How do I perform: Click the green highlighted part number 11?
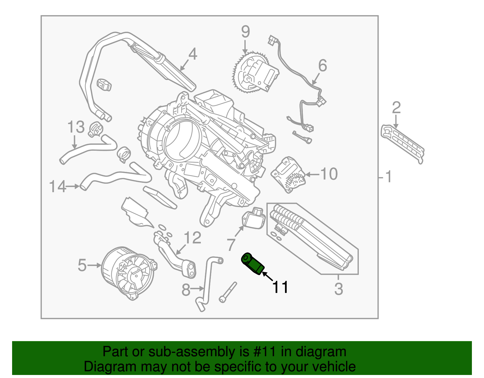pyautogui.click(x=253, y=264)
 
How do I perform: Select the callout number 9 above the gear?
pyautogui.click(x=245, y=32)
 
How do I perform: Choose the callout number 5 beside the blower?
pyautogui.click(x=82, y=265)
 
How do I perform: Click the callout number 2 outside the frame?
pyautogui.click(x=396, y=108)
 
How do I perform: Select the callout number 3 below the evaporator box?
pyautogui.click(x=338, y=289)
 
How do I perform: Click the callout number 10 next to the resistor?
pyautogui.click(x=329, y=174)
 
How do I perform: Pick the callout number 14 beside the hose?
pyautogui.click(x=57, y=187)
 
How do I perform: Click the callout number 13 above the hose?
pyautogui.click(x=76, y=127)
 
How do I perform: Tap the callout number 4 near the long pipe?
pyautogui.click(x=193, y=54)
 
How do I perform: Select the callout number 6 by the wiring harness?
pyautogui.click(x=322, y=66)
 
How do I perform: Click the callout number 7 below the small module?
pyautogui.click(x=231, y=245)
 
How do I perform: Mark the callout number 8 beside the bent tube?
pyautogui.click(x=186, y=290)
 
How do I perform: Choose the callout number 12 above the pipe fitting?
pyautogui.click(x=192, y=238)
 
